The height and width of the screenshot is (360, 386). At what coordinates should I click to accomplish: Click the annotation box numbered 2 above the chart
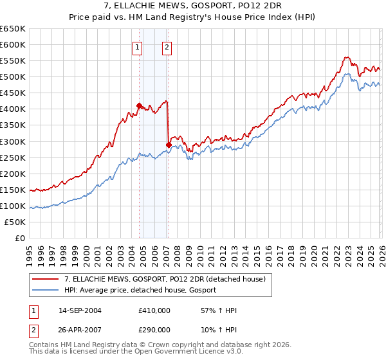(167, 46)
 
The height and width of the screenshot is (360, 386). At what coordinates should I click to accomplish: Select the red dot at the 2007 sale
(169, 145)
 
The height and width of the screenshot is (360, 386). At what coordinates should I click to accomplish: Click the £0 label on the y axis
(21, 238)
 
